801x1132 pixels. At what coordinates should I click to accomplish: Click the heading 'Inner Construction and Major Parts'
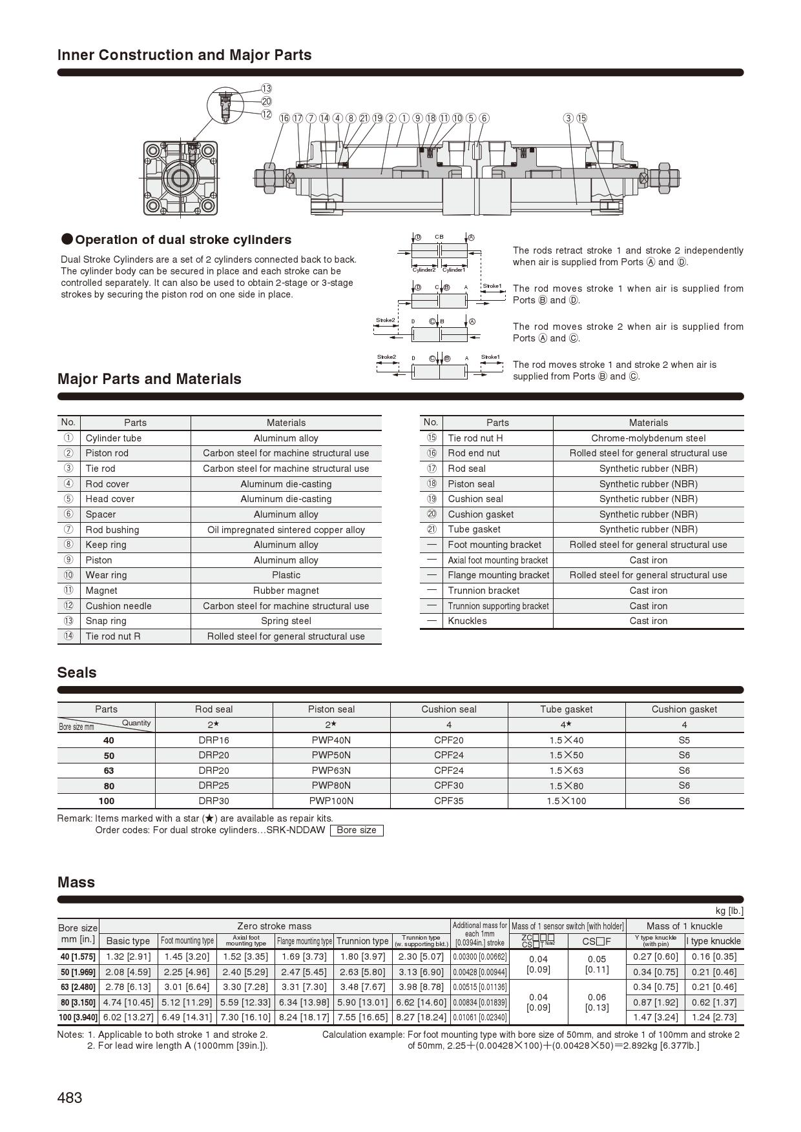point(185,55)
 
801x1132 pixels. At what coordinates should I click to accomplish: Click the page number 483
point(70,1097)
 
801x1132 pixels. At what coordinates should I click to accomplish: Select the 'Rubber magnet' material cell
point(286,591)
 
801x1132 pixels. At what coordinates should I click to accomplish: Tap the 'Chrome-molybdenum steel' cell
point(648,438)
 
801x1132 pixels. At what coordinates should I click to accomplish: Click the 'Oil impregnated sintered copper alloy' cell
point(286,530)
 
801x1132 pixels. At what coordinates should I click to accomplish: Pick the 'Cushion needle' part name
point(118,606)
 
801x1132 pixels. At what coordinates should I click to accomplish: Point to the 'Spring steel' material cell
point(286,621)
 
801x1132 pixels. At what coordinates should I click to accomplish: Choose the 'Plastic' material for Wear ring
point(286,575)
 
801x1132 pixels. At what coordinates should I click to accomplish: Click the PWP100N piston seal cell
point(331,801)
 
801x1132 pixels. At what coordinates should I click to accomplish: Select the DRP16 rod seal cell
point(213,740)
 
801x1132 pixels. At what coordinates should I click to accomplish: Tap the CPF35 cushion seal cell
point(448,801)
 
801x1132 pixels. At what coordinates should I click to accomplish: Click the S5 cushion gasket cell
point(684,740)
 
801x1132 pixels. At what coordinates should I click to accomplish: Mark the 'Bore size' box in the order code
point(356,830)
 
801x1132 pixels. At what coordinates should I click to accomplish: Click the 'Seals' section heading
point(77,672)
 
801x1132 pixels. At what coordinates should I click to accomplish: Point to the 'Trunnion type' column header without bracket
point(362,941)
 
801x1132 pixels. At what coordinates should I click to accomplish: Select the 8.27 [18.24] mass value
point(421,1017)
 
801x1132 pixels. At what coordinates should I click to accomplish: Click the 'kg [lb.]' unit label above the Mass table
point(729,911)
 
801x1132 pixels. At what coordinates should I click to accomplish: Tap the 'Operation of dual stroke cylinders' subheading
point(183,240)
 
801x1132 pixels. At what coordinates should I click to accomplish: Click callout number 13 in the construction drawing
point(266,88)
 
